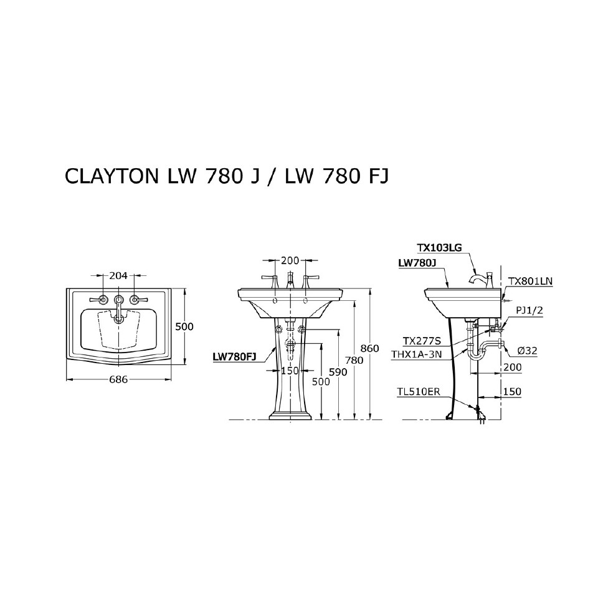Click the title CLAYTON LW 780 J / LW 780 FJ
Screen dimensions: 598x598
[x=227, y=176]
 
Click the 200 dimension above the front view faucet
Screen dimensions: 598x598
[x=290, y=260]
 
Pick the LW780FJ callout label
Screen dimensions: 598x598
[x=234, y=357]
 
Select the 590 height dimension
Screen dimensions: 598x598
[x=338, y=372]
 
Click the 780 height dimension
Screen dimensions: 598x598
[x=354, y=360]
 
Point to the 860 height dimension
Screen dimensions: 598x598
[x=370, y=348]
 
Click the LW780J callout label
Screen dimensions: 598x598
[x=415, y=263]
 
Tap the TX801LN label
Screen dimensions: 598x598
[x=530, y=281]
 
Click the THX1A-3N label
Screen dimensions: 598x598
[x=417, y=354]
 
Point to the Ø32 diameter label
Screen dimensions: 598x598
[x=527, y=351]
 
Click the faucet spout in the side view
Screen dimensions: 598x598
[x=477, y=277]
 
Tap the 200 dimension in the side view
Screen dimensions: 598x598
[x=512, y=368]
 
